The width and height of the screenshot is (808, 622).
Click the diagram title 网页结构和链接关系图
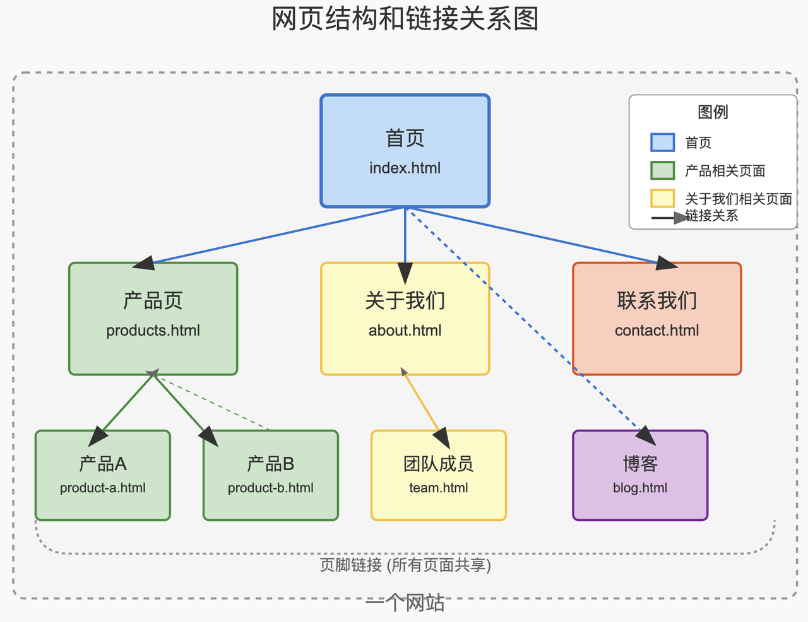pyautogui.click(x=405, y=18)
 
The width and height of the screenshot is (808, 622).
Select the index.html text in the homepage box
pyautogui.click(x=405, y=168)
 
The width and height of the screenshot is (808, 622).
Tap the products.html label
pyautogui.click(x=153, y=331)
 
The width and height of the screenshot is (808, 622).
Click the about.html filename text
pyautogui.click(x=405, y=331)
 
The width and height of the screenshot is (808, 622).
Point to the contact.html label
pyautogui.click(x=656, y=331)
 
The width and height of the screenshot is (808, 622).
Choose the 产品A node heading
pyautogui.click(x=103, y=464)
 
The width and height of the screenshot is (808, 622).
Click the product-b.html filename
pyautogui.click(x=271, y=488)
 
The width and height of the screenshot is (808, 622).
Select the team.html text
pyautogui.click(x=438, y=488)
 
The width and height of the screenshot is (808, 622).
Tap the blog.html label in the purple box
pyautogui.click(x=640, y=488)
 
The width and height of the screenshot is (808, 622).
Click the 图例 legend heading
pyautogui.click(x=713, y=112)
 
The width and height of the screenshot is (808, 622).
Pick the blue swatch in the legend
pyautogui.click(x=663, y=143)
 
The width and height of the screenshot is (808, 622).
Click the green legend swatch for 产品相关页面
pyautogui.click(x=663, y=170)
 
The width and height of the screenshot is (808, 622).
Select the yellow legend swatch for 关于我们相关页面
pyautogui.click(x=663, y=199)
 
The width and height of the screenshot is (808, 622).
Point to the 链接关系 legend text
pyautogui.click(x=711, y=216)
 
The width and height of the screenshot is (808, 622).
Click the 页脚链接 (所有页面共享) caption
pyautogui.click(x=405, y=565)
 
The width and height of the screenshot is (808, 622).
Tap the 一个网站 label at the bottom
pyautogui.click(x=405, y=602)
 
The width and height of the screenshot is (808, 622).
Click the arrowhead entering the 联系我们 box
pyautogui.click(x=667, y=263)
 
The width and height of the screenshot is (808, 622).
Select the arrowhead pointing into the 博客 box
pyautogui.click(x=646, y=435)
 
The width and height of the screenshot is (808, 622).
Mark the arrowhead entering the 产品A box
pyautogui.click(x=98, y=436)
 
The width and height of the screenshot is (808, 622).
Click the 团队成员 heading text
pyautogui.click(x=438, y=464)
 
